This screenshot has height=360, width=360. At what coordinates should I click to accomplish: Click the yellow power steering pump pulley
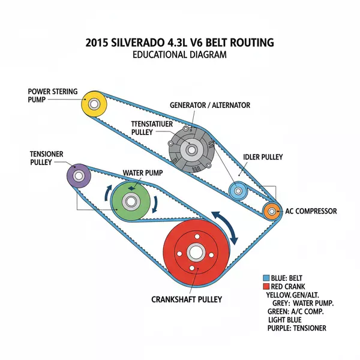pos(94,104)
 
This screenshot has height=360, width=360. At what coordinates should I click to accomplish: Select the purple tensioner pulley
pos(79,175)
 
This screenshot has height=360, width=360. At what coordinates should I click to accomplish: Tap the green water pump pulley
pos(130,201)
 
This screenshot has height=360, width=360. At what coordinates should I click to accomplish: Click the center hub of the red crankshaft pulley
pos(196,253)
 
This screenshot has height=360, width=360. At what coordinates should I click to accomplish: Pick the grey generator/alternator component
pos(190,150)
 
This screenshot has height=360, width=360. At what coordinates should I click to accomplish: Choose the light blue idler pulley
pos(238,191)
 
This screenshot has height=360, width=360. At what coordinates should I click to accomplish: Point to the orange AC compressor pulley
pos(272,211)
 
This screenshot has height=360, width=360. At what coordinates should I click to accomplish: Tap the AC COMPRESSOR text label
pos(311,211)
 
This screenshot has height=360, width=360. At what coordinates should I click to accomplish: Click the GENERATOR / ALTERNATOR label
pos(210,105)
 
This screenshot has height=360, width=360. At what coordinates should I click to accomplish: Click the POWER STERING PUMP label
pos(52,95)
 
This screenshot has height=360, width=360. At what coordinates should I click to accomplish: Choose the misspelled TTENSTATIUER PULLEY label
pos(151,127)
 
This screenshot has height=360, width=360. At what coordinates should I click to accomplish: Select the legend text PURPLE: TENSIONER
pos(298,328)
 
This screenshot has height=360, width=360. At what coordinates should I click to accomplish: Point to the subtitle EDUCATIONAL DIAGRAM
pos(179,55)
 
